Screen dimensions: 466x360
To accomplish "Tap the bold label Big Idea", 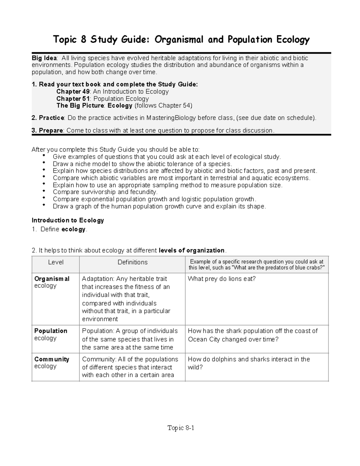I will coord(44,58).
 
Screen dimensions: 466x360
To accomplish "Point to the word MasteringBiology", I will coord(171,118).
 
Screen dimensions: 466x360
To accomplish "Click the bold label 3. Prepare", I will coord(47,131).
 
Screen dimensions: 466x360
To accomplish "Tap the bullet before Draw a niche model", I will coord(44,163).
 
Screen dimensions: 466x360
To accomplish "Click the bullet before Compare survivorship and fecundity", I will coord(44,191).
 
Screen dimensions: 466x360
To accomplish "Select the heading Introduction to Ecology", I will coord(68,221).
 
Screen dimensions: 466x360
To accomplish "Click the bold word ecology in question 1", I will coord(73,230).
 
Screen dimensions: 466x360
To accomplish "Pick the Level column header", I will coord(56,262).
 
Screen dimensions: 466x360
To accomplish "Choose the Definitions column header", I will coord(133,262).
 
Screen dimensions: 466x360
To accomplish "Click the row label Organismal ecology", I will coord(52,282).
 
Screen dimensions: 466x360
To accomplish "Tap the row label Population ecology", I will coord(50,334).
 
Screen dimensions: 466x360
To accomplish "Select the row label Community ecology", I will coord(52,362).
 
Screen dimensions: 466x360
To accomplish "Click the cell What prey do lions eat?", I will coord(222,279).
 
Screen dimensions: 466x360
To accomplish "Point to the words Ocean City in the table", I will coord(201,339).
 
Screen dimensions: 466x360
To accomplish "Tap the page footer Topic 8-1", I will coord(181,428).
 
